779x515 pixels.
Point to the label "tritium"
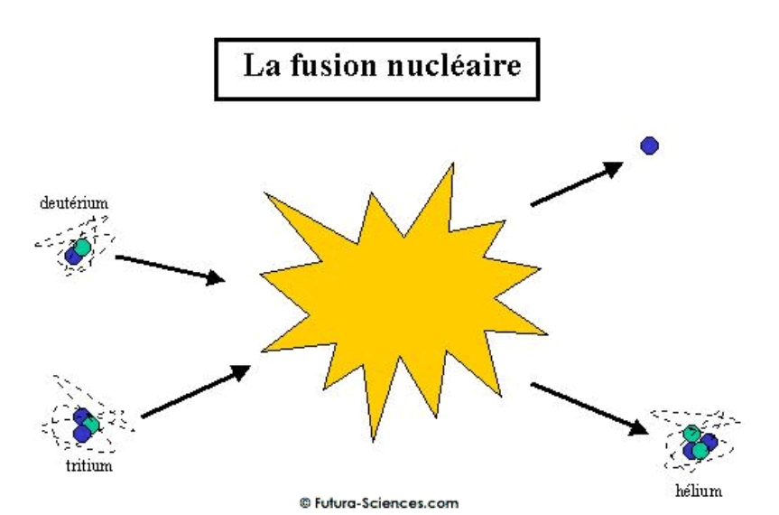pos(88,467)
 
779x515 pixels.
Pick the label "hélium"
pos(699,492)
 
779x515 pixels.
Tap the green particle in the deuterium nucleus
pos(82,247)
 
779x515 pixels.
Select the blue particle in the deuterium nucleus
pos(73,256)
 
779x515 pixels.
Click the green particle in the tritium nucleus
pos(89,425)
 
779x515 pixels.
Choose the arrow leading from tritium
pos(195,391)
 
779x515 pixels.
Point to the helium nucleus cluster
pos(700,443)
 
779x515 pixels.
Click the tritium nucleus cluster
pos(84,425)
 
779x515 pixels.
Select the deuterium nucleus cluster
pos(78,251)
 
